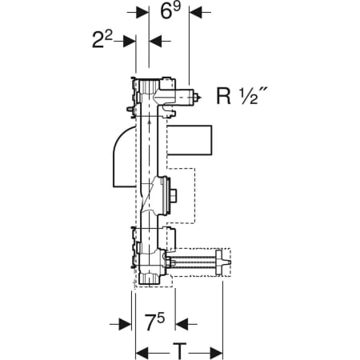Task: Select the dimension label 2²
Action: point(102,39)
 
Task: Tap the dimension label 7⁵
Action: point(154,322)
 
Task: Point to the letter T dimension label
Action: point(179,351)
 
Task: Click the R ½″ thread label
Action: point(239,96)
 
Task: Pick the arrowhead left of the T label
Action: point(142,354)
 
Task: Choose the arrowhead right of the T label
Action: point(216,354)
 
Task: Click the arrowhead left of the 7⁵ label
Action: point(125,324)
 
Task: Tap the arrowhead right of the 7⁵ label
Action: point(182,324)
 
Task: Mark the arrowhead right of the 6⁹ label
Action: point(195,12)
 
